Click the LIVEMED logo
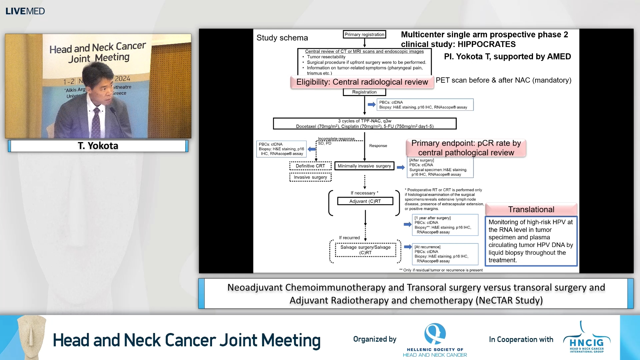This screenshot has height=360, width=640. point(25,11)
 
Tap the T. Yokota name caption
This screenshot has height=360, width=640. point(98,146)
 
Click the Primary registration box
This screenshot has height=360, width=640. point(364,34)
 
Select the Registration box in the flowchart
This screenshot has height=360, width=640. point(364,92)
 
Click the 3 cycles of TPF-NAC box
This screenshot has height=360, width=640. point(364,123)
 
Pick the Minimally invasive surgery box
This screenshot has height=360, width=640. point(364,166)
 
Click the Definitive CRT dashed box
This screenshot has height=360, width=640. point(310,166)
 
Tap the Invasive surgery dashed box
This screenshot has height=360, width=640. point(310,177)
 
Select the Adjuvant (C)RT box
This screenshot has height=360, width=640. point(365,201)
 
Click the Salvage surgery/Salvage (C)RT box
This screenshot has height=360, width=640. point(365,250)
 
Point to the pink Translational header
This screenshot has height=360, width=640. point(531,209)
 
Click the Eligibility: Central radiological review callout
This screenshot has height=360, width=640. point(362,82)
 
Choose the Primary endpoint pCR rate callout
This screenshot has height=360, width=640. point(466,148)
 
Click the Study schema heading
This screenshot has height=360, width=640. point(282,38)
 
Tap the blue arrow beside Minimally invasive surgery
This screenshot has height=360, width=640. point(400,167)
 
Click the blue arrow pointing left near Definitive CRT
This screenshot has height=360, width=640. point(312,149)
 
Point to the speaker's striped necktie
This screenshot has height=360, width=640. point(96,122)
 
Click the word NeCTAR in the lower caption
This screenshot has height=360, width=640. point(495,300)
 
